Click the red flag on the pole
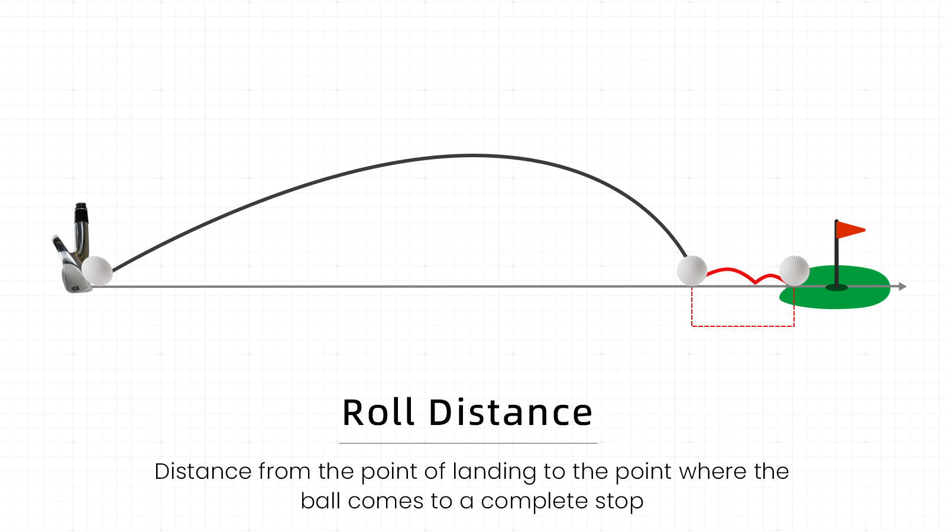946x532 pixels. pos(850,230)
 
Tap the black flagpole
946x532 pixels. pos(836,254)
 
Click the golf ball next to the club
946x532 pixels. pos(97,271)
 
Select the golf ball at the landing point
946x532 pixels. pos(692,271)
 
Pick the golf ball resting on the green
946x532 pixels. pos(794,271)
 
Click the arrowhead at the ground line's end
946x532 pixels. pos(902,287)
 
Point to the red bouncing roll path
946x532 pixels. pos(743,274)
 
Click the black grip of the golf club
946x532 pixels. pos(81,213)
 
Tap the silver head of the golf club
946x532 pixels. pos(72,270)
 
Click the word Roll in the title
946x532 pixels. pos(378,413)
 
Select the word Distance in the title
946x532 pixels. pos(511,413)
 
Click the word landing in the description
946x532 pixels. pos(494,472)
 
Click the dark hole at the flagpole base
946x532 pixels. pos(837,287)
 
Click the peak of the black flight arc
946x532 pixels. pos(472,156)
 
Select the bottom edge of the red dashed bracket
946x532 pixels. pos(743,326)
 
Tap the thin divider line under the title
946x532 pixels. pos(468,443)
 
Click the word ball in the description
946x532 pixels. pos(320,501)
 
